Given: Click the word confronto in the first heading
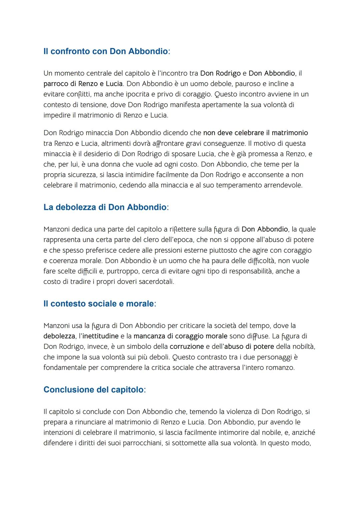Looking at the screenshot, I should (x=71, y=51).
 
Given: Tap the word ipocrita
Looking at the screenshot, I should (x=137, y=94).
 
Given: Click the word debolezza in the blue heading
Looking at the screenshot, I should (x=76, y=207).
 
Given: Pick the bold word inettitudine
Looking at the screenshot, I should (x=100, y=336).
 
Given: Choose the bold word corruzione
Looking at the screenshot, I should (x=187, y=346).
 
